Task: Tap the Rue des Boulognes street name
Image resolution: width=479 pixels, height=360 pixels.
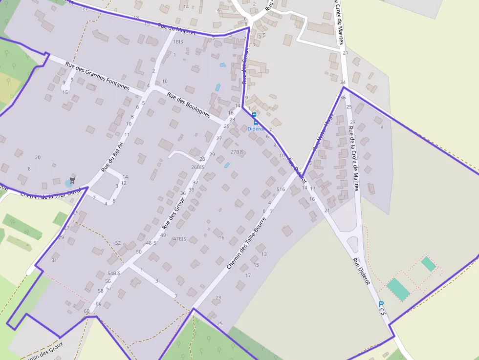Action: coord(188,105)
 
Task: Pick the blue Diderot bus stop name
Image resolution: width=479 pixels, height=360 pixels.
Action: coord(256,129)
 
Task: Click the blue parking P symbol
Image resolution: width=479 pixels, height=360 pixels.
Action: coord(381,304)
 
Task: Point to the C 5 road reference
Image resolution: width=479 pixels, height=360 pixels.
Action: coord(383,310)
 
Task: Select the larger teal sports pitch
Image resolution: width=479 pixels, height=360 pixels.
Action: coord(398,289)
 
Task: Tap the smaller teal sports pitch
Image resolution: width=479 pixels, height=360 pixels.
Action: coord(428,264)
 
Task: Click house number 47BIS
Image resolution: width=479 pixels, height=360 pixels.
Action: coord(179,239)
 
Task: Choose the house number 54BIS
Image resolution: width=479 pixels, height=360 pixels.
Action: coord(114,273)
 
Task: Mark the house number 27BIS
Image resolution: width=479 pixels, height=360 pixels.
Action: coord(237,152)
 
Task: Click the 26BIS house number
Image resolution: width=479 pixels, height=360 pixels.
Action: coord(197,167)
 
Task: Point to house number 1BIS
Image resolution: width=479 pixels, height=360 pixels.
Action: coord(178,42)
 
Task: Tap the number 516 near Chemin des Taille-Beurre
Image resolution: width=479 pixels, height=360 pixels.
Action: coord(281,189)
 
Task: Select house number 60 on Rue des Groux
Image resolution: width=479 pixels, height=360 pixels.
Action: coord(87,311)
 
